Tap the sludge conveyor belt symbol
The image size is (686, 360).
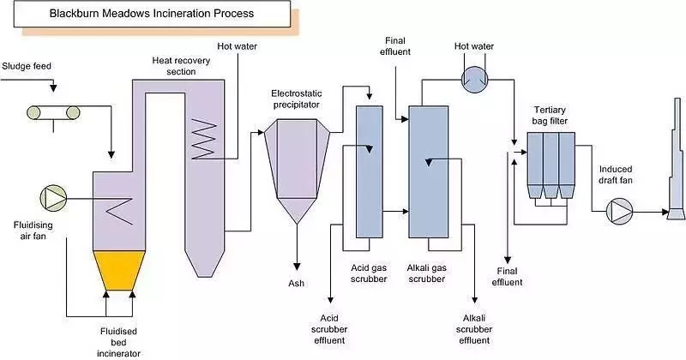52,111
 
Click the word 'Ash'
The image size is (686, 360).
293,282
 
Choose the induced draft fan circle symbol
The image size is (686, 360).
619,210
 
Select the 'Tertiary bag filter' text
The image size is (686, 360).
549,114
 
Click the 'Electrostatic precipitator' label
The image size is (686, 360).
294,99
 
